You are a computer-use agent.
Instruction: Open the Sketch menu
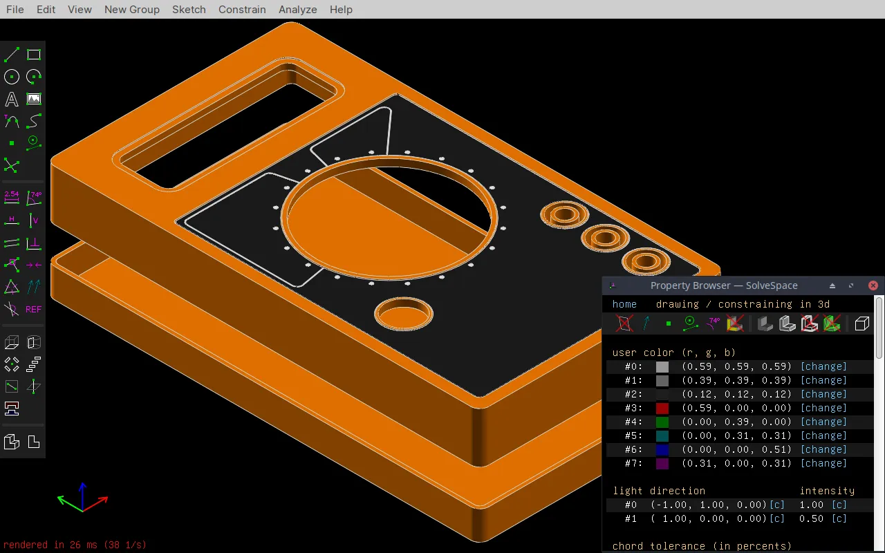click(189, 9)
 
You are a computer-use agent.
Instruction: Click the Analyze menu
click(297, 9)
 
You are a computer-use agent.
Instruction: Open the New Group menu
click(131, 9)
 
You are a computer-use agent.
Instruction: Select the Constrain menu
click(242, 9)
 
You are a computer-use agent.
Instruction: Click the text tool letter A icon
click(12, 99)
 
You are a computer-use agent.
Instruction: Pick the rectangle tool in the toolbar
click(33, 55)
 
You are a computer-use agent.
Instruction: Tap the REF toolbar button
click(33, 309)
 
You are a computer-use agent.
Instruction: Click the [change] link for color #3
click(823, 408)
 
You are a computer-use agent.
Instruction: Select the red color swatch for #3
click(662, 408)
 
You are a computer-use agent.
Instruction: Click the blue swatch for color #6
click(662, 449)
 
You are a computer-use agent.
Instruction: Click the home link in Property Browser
click(624, 304)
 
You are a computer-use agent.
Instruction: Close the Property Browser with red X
click(873, 285)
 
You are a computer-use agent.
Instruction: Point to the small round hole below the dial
click(404, 315)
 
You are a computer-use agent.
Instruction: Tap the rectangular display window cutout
click(228, 128)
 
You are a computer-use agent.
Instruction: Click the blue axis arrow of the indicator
click(82, 491)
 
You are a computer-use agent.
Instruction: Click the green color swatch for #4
click(662, 422)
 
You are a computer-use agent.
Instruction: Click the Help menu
click(341, 9)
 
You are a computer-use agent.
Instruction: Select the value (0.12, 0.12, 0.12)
click(736, 394)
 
